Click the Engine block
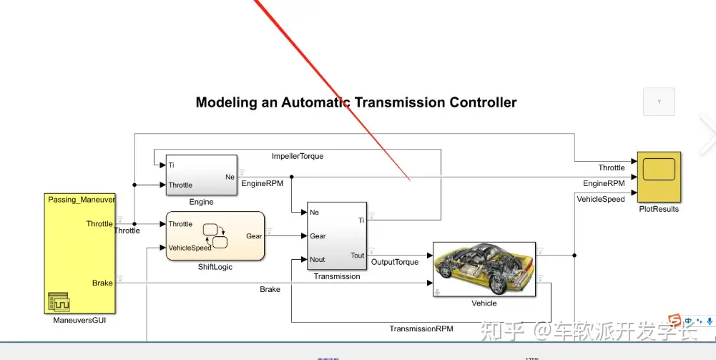pyautogui.click(x=201, y=175)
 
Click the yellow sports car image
pyautogui.click(x=484, y=269)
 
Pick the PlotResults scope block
pyautogui.click(x=659, y=177)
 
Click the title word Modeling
pyautogui.click(x=225, y=102)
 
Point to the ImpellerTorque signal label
pyautogui.click(x=298, y=156)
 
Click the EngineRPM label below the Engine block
pyautogui.click(x=263, y=184)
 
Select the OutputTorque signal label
pyautogui.click(x=395, y=262)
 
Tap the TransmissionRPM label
pyautogui.click(x=421, y=329)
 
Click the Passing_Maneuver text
pyautogui.click(x=82, y=199)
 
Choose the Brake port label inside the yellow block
pyautogui.click(x=102, y=283)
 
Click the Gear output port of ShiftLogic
pyautogui.click(x=254, y=235)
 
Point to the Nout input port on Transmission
pyautogui.click(x=318, y=260)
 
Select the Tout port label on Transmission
pyautogui.click(x=357, y=256)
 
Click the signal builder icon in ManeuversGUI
pyautogui.click(x=59, y=302)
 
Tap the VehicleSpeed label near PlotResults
pyautogui.click(x=601, y=199)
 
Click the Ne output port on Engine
pyautogui.click(x=230, y=176)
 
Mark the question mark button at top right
pyautogui.click(x=659, y=102)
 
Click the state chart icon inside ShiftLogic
pyautogui.click(x=215, y=235)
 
